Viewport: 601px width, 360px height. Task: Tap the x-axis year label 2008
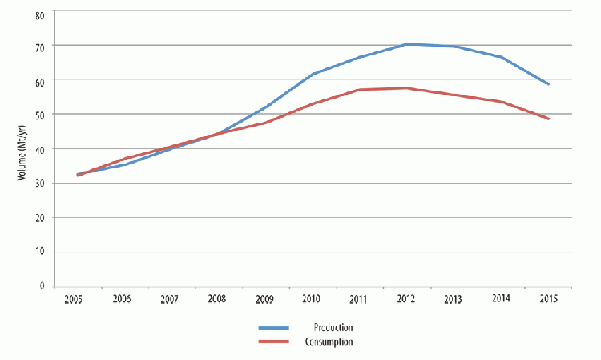click(x=216, y=298)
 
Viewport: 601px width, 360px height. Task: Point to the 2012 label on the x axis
click(x=405, y=298)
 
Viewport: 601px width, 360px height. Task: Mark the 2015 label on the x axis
click(x=548, y=298)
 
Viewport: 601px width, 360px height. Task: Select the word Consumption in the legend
click(x=329, y=342)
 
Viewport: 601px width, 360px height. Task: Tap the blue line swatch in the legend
click(x=276, y=328)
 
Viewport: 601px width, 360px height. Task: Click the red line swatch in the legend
click(x=276, y=342)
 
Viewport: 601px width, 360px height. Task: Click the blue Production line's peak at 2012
click(x=407, y=45)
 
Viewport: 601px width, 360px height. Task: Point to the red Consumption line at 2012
click(x=407, y=88)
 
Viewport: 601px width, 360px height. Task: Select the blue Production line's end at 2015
click(x=548, y=83)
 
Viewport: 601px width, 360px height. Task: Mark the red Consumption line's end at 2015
click(x=548, y=119)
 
